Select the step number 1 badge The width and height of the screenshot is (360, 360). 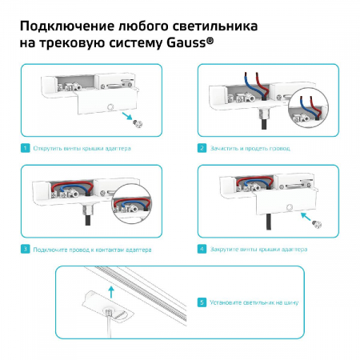pos(26,148)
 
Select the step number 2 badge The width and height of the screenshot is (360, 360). pos(201,148)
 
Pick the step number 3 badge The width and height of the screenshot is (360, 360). pos(26,250)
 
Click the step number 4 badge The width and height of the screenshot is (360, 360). pos(201,250)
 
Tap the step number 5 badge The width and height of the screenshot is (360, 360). pos(201,303)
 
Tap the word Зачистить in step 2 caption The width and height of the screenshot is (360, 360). pos(226,148)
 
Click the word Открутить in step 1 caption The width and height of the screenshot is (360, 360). pos(51,148)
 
